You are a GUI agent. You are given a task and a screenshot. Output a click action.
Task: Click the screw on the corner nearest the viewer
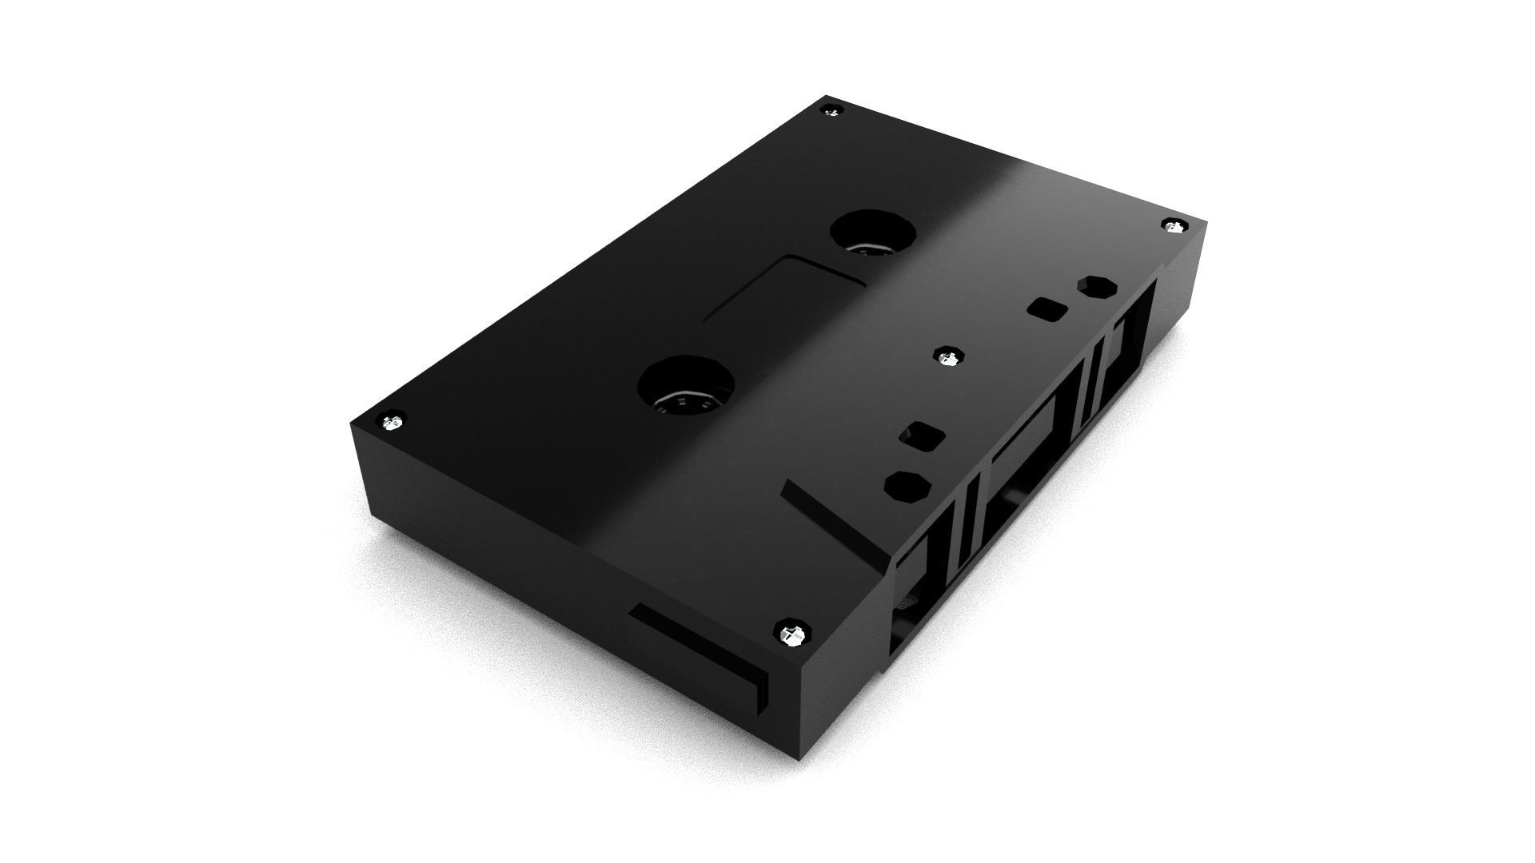791,636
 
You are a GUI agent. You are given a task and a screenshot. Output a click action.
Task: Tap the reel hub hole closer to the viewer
686,387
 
